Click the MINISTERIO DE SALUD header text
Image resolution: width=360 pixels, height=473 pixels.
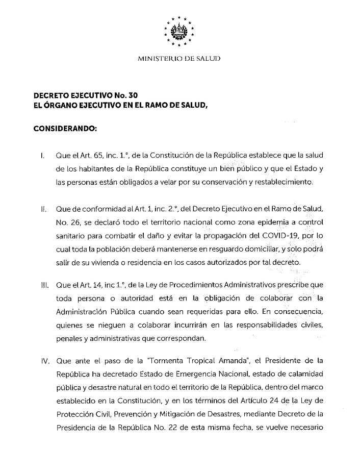(179, 59)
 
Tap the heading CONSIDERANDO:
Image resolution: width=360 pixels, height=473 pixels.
(65, 130)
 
